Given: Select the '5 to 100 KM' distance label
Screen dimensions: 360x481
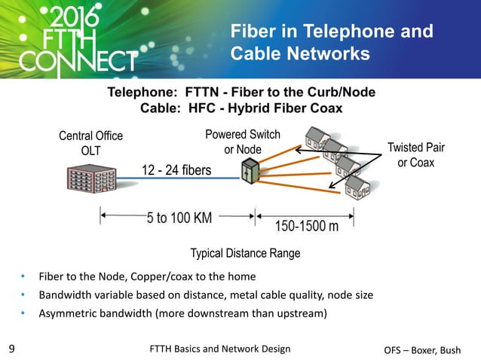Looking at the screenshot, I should [x=179, y=218].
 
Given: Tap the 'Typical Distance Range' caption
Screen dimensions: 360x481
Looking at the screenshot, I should [x=247, y=253].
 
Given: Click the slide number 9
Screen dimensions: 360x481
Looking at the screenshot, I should [x=11, y=349].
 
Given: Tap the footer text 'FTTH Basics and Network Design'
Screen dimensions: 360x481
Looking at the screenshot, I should [x=220, y=349].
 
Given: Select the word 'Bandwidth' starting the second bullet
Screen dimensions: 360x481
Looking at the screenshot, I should [x=63, y=294].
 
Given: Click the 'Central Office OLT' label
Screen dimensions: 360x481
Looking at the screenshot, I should [x=90, y=143].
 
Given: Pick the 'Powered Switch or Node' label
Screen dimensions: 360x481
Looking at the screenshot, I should [x=242, y=142].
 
